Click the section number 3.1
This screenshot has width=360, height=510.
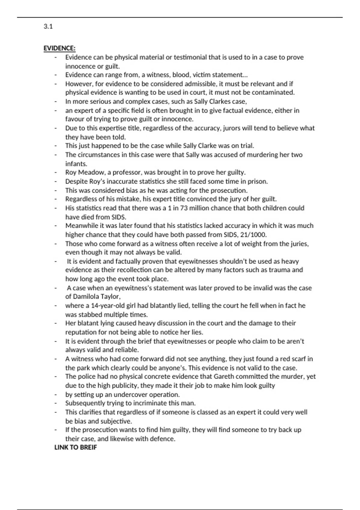pos(48,26)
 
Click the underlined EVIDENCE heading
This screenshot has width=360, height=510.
pos(59,48)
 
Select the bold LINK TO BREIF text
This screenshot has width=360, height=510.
pos(76,447)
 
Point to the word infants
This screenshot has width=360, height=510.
pos(76,164)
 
